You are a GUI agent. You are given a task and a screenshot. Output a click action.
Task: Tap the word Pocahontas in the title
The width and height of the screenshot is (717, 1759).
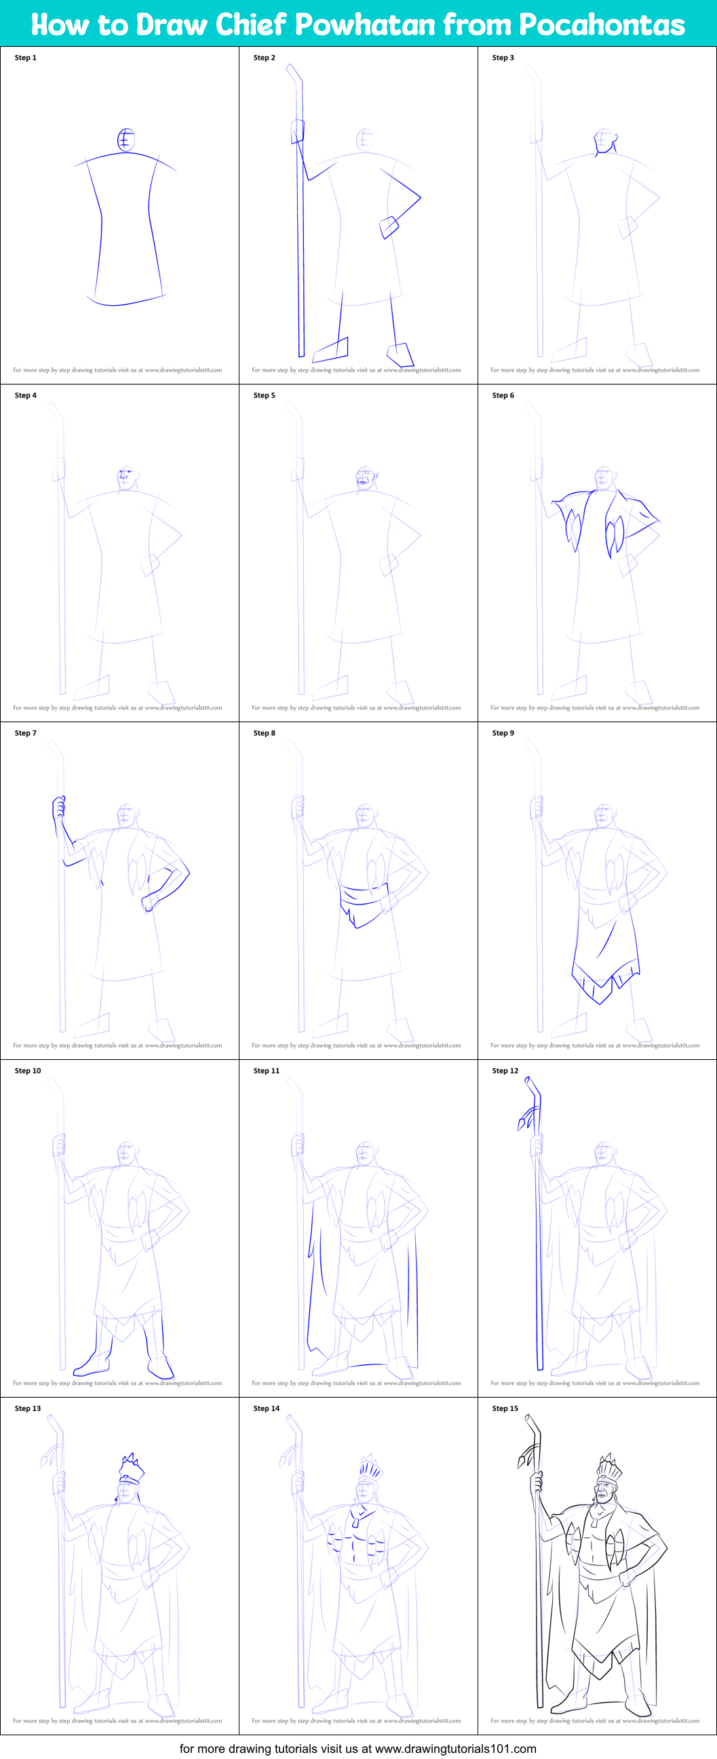click(x=602, y=24)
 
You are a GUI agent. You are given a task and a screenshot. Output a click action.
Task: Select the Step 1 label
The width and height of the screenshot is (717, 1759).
click(x=25, y=58)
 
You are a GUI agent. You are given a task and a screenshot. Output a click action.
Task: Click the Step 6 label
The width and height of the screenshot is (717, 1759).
click(x=503, y=395)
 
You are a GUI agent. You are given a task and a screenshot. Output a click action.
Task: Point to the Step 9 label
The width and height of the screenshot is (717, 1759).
click(x=503, y=732)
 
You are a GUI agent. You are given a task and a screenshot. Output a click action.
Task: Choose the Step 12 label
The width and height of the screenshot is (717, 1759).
click(x=505, y=1071)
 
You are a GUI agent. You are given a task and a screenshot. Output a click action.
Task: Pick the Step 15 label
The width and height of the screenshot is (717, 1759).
click(x=505, y=1408)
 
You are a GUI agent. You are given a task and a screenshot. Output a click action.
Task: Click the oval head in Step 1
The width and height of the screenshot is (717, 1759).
click(x=125, y=140)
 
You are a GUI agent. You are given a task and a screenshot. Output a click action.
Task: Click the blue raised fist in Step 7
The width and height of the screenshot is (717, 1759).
click(x=60, y=807)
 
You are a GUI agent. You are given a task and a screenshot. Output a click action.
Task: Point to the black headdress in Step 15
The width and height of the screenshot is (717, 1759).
click(x=608, y=1467)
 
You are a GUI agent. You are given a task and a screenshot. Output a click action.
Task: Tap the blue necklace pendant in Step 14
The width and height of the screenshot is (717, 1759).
click(x=357, y=1519)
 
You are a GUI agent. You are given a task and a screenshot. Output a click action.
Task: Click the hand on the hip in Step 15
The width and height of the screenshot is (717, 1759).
click(x=626, y=1576)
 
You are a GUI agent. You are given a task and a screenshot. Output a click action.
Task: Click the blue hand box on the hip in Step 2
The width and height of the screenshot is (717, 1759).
click(x=389, y=226)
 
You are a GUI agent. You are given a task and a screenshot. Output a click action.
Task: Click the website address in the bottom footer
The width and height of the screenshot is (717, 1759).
click(x=455, y=1748)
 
